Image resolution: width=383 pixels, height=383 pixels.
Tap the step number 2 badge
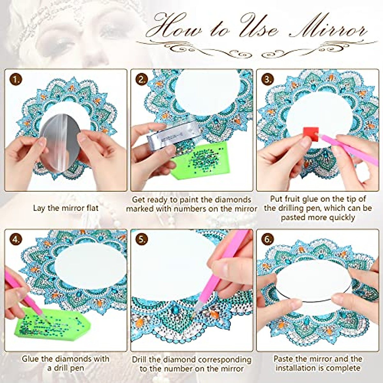pos(141,79)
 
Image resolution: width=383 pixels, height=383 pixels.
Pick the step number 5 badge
pos(141,239)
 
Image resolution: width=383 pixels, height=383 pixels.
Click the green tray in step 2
pos(198,160)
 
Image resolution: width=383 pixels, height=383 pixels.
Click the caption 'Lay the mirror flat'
pos(66,208)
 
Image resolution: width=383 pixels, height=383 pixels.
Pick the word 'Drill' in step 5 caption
pos(140,359)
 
